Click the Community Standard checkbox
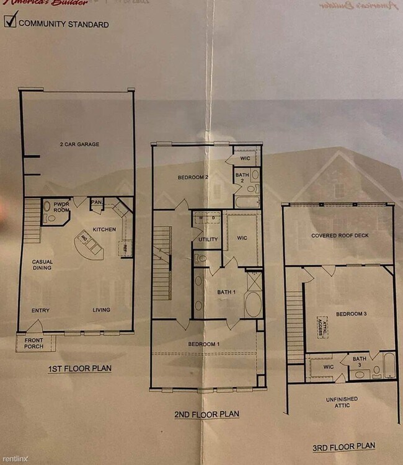coord(11,22)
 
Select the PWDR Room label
coord(61,207)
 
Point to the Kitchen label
coord(104,229)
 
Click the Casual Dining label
coord(43,265)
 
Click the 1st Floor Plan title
coord(80,369)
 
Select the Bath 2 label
coord(241,180)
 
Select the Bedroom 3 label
coord(352,314)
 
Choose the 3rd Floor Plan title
coord(344,446)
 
